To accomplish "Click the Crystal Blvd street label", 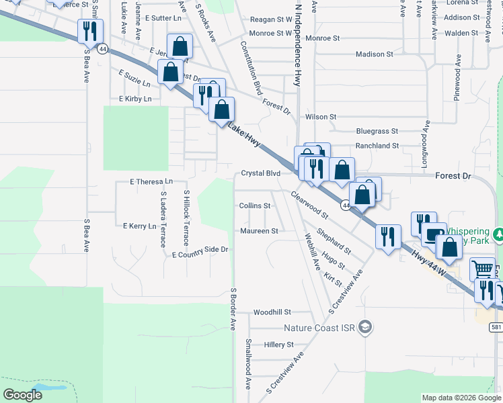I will pos(260,173).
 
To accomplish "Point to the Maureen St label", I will pos(260,231).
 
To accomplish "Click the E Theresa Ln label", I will pos(151,182).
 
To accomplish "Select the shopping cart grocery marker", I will pos(482,269).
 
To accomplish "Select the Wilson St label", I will pos(320,117).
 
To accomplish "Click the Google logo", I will pos(22,394).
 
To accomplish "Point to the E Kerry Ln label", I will pos(140,226).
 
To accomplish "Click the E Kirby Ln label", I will pos(135,99).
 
